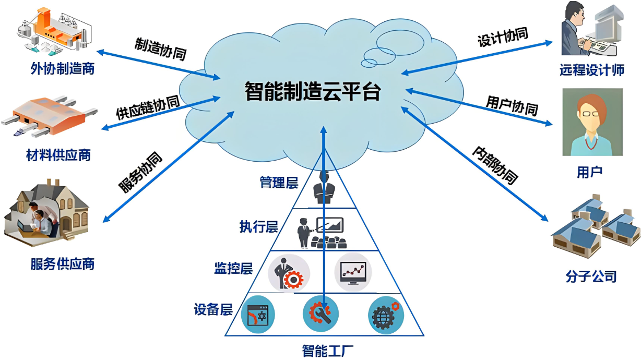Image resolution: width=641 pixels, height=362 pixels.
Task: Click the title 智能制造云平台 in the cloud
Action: click(x=313, y=92)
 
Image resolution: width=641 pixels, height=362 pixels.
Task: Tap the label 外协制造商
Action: click(x=62, y=68)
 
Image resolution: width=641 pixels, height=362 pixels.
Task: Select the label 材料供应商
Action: click(x=58, y=155)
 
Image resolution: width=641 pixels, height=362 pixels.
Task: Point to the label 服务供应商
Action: click(x=63, y=263)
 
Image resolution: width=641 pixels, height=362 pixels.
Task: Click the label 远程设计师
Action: click(x=592, y=69)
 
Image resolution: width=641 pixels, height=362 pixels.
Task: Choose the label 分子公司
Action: click(x=591, y=275)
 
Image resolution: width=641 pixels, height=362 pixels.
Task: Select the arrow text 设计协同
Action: click(x=503, y=39)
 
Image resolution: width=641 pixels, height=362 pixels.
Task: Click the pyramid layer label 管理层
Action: click(x=279, y=183)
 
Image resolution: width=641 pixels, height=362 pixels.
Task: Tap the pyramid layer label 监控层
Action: click(x=233, y=269)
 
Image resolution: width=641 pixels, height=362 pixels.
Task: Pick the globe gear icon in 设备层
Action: click(x=386, y=315)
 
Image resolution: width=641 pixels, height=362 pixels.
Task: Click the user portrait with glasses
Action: click(x=592, y=122)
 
